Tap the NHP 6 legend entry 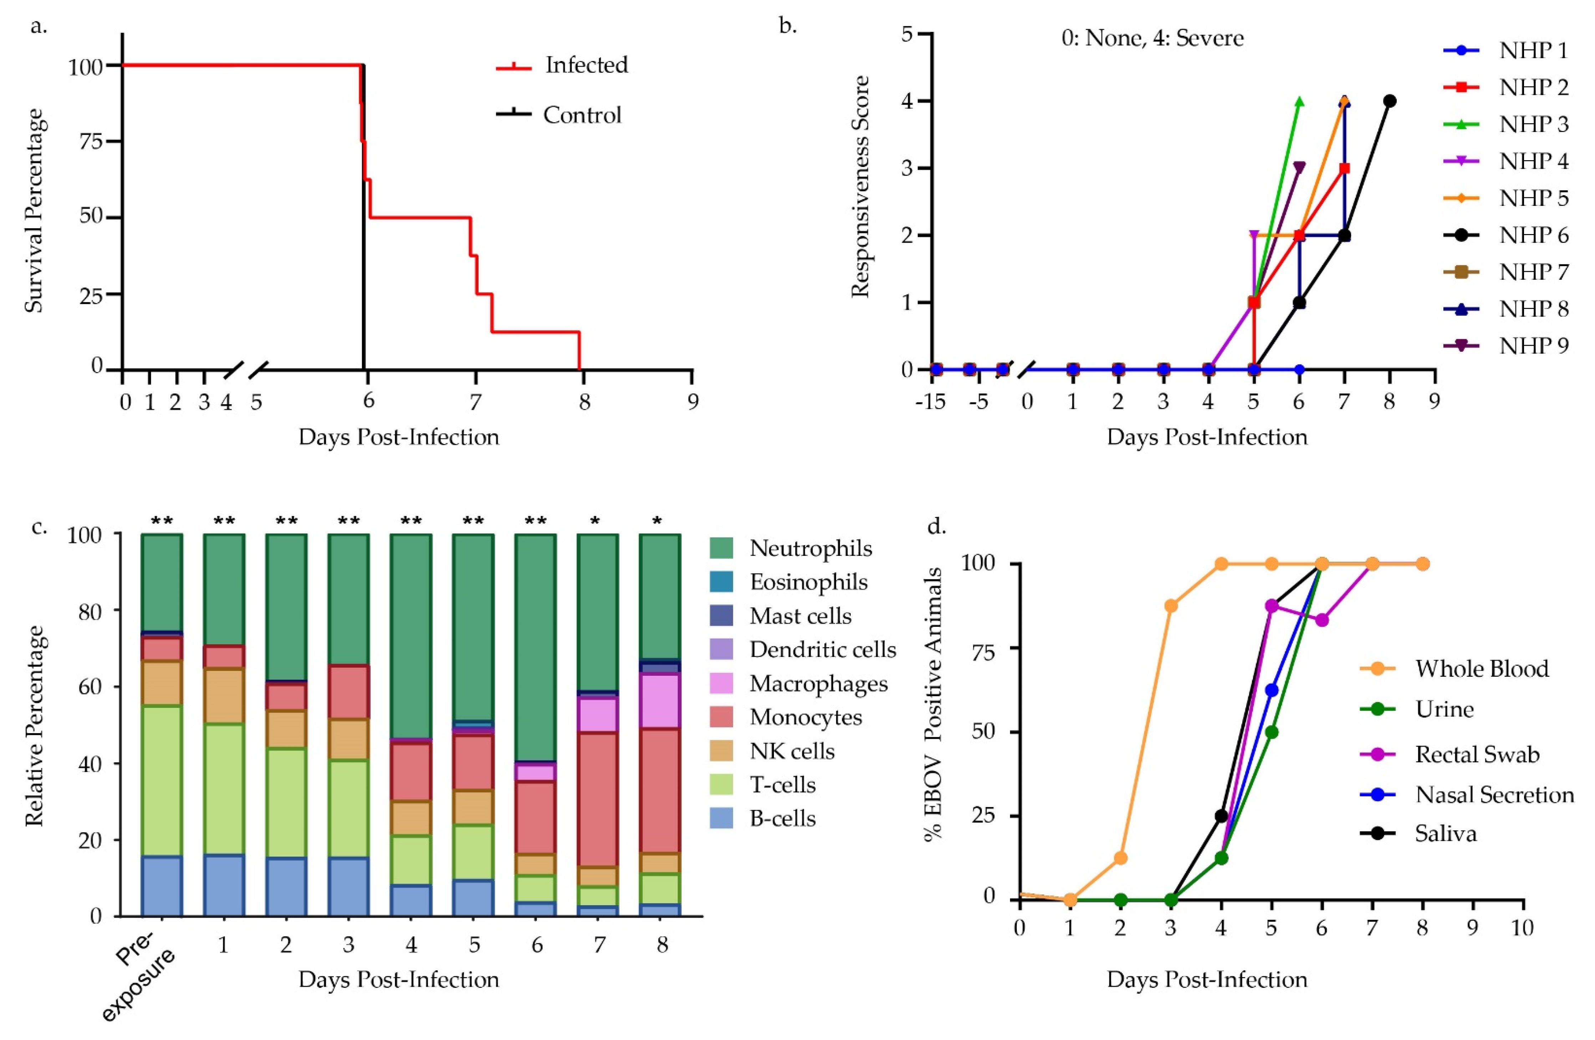[1533, 235]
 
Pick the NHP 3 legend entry [1533, 125]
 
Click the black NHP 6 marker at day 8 [1389, 101]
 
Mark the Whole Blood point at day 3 [1171, 605]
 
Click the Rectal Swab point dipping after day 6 [1321, 620]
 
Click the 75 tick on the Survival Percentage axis [91, 142]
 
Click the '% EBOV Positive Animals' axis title [933, 704]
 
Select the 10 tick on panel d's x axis [1522, 928]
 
